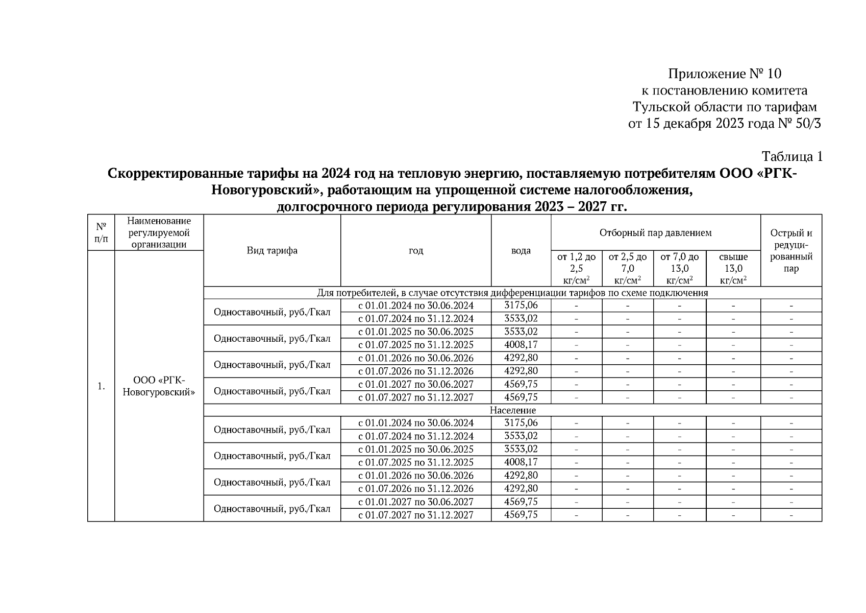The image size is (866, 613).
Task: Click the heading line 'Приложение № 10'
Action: [724, 74]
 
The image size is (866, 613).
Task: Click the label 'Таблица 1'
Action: [791, 156]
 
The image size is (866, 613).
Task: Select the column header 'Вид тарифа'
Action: [272, 250]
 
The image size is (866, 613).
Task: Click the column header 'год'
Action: [415, 250]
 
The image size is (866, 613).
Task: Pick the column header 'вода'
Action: [521, 250]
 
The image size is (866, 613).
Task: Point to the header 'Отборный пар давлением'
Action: [655, 233]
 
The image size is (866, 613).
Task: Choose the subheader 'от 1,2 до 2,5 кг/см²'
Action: [576, 268]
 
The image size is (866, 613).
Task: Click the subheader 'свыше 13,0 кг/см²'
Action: [733, 268]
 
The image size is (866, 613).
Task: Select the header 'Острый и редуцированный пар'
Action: [790, 250]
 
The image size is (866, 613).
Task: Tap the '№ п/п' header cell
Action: [101, 232]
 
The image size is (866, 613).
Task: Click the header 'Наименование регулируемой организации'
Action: [159, 232]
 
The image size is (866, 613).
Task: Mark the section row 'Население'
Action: [512, 410]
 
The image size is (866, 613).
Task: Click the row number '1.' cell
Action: [101, 386]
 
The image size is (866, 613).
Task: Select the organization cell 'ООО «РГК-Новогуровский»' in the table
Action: [159, 386]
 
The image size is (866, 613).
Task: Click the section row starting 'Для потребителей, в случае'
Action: [512, 293]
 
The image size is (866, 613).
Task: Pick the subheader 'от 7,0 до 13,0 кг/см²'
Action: [679, 268]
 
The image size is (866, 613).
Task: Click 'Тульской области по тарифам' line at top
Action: [724, 107]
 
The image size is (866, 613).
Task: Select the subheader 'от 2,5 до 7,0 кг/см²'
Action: [627, 268]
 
